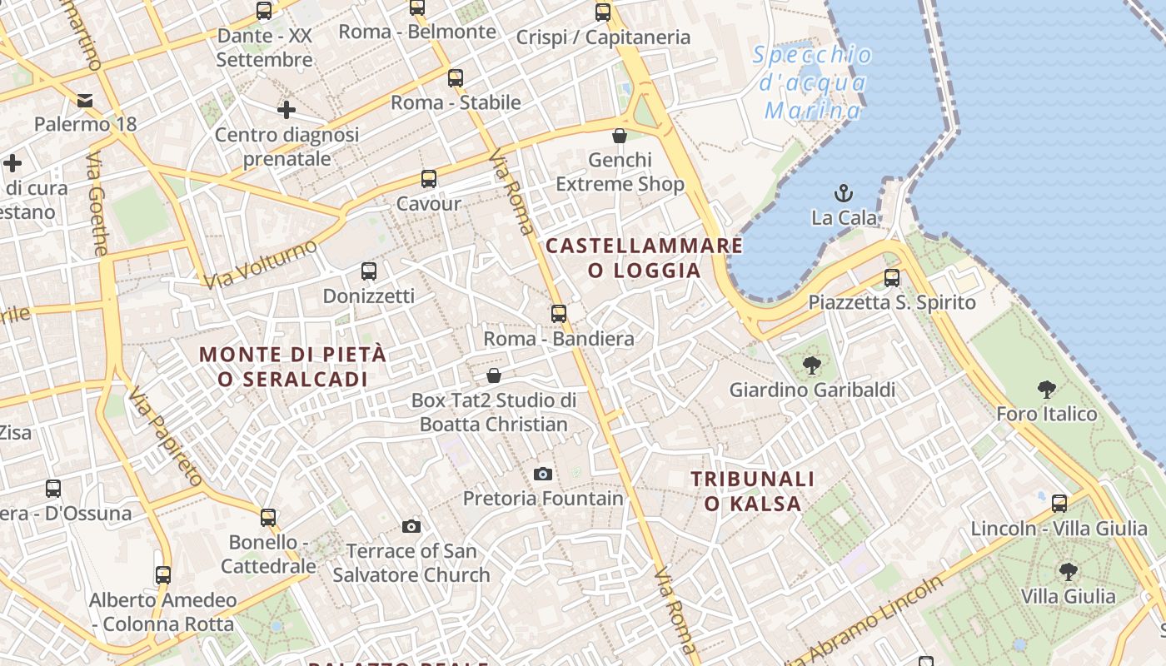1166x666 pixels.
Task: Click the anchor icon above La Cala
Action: [x=844, y=193]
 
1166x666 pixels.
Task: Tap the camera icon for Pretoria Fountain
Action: [x=542, y=474]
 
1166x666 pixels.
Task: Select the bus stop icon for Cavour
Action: [x=428, y=178]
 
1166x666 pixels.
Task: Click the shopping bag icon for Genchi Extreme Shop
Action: [x=620, y=135]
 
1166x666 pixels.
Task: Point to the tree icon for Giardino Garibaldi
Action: [x=811, y=365]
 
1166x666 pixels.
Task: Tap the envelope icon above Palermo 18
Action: [x=85, y=100]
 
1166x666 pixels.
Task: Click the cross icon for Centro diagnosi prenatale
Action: [x=287, y=109]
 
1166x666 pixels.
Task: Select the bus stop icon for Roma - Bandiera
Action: [x=559, y=313]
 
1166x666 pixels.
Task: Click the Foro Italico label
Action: [x=1046, y=414]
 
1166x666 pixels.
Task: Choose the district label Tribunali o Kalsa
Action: [x=752, y=491]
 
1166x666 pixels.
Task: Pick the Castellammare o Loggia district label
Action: [x=644, y=257]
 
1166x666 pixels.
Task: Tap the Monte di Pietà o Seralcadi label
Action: [x=292, y=366]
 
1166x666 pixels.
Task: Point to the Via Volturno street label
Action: [x=261, y=263]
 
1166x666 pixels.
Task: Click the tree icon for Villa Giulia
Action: [x=1068, y=571]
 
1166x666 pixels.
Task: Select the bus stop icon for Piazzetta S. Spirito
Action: [x=891, y=277]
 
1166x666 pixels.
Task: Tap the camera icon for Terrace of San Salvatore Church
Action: [x=411, y=526]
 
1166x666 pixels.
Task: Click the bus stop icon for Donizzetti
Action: [x=368, y=271]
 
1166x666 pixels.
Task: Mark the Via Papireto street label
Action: [x=166, y=438]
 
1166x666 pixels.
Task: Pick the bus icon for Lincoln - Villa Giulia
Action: [x=1059, y=503]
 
